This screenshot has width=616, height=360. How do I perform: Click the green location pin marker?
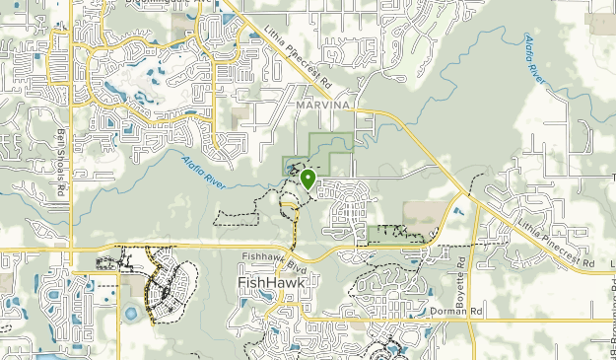tap(308, 179)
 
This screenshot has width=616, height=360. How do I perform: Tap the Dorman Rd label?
tap(453, 311)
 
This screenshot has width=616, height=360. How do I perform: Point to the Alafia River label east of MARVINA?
tap(542, 56)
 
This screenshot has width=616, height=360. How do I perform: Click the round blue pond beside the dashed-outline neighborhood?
tap(130, 315)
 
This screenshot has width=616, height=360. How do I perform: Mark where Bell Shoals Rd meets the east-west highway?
tap(70, 249)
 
